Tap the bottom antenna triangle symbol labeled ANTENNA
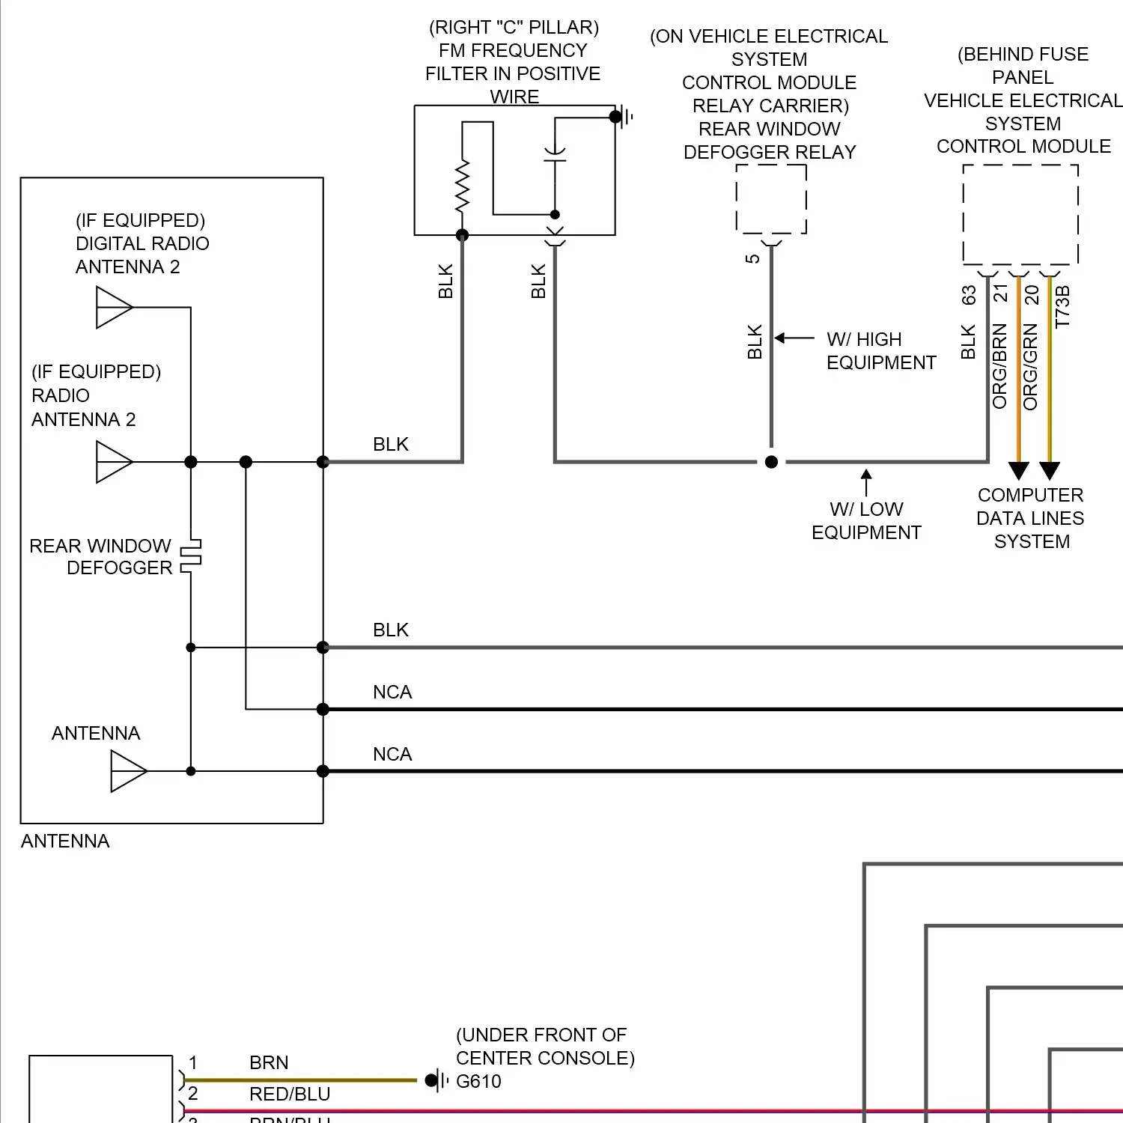[128, 771]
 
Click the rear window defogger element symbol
[192, 556]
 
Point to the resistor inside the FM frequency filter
[462, 186]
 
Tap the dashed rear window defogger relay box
[771, 199]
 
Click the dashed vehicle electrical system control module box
[1020, 214]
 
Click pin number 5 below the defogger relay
[752, 258]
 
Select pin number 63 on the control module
[969, 296]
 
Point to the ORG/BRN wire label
[999, 366]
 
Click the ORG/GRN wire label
[1031, 366]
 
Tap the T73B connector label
[1062, 306]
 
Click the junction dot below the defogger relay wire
[771, 462]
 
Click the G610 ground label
[478, 1081]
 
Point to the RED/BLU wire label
[290, 1094]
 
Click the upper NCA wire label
[392, 692]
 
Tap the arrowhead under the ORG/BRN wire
[1018, 471]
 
